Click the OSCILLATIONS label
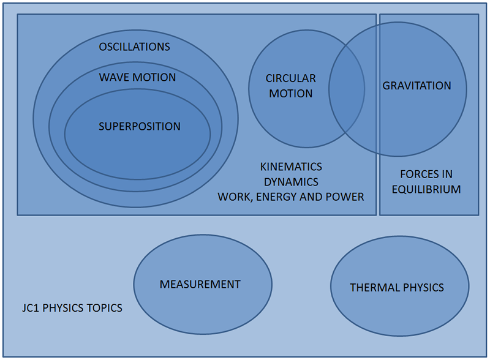pos(134,47)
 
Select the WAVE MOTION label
pos(137,77)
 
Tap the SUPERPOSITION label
pos(140,127)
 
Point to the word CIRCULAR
pos(290,78)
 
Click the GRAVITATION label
pos(417,86)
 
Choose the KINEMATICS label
pos(290,167)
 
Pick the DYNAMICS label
pos(290,182)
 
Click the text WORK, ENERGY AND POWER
pos(290,197)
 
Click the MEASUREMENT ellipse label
pos(200,284)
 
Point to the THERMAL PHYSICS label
pos(397,287)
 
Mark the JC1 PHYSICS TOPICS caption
pos(71,308)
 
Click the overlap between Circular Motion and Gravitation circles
pos(347,89)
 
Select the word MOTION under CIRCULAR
pos(290,94)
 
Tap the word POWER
pos(348,197)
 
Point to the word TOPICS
pos(105,308)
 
